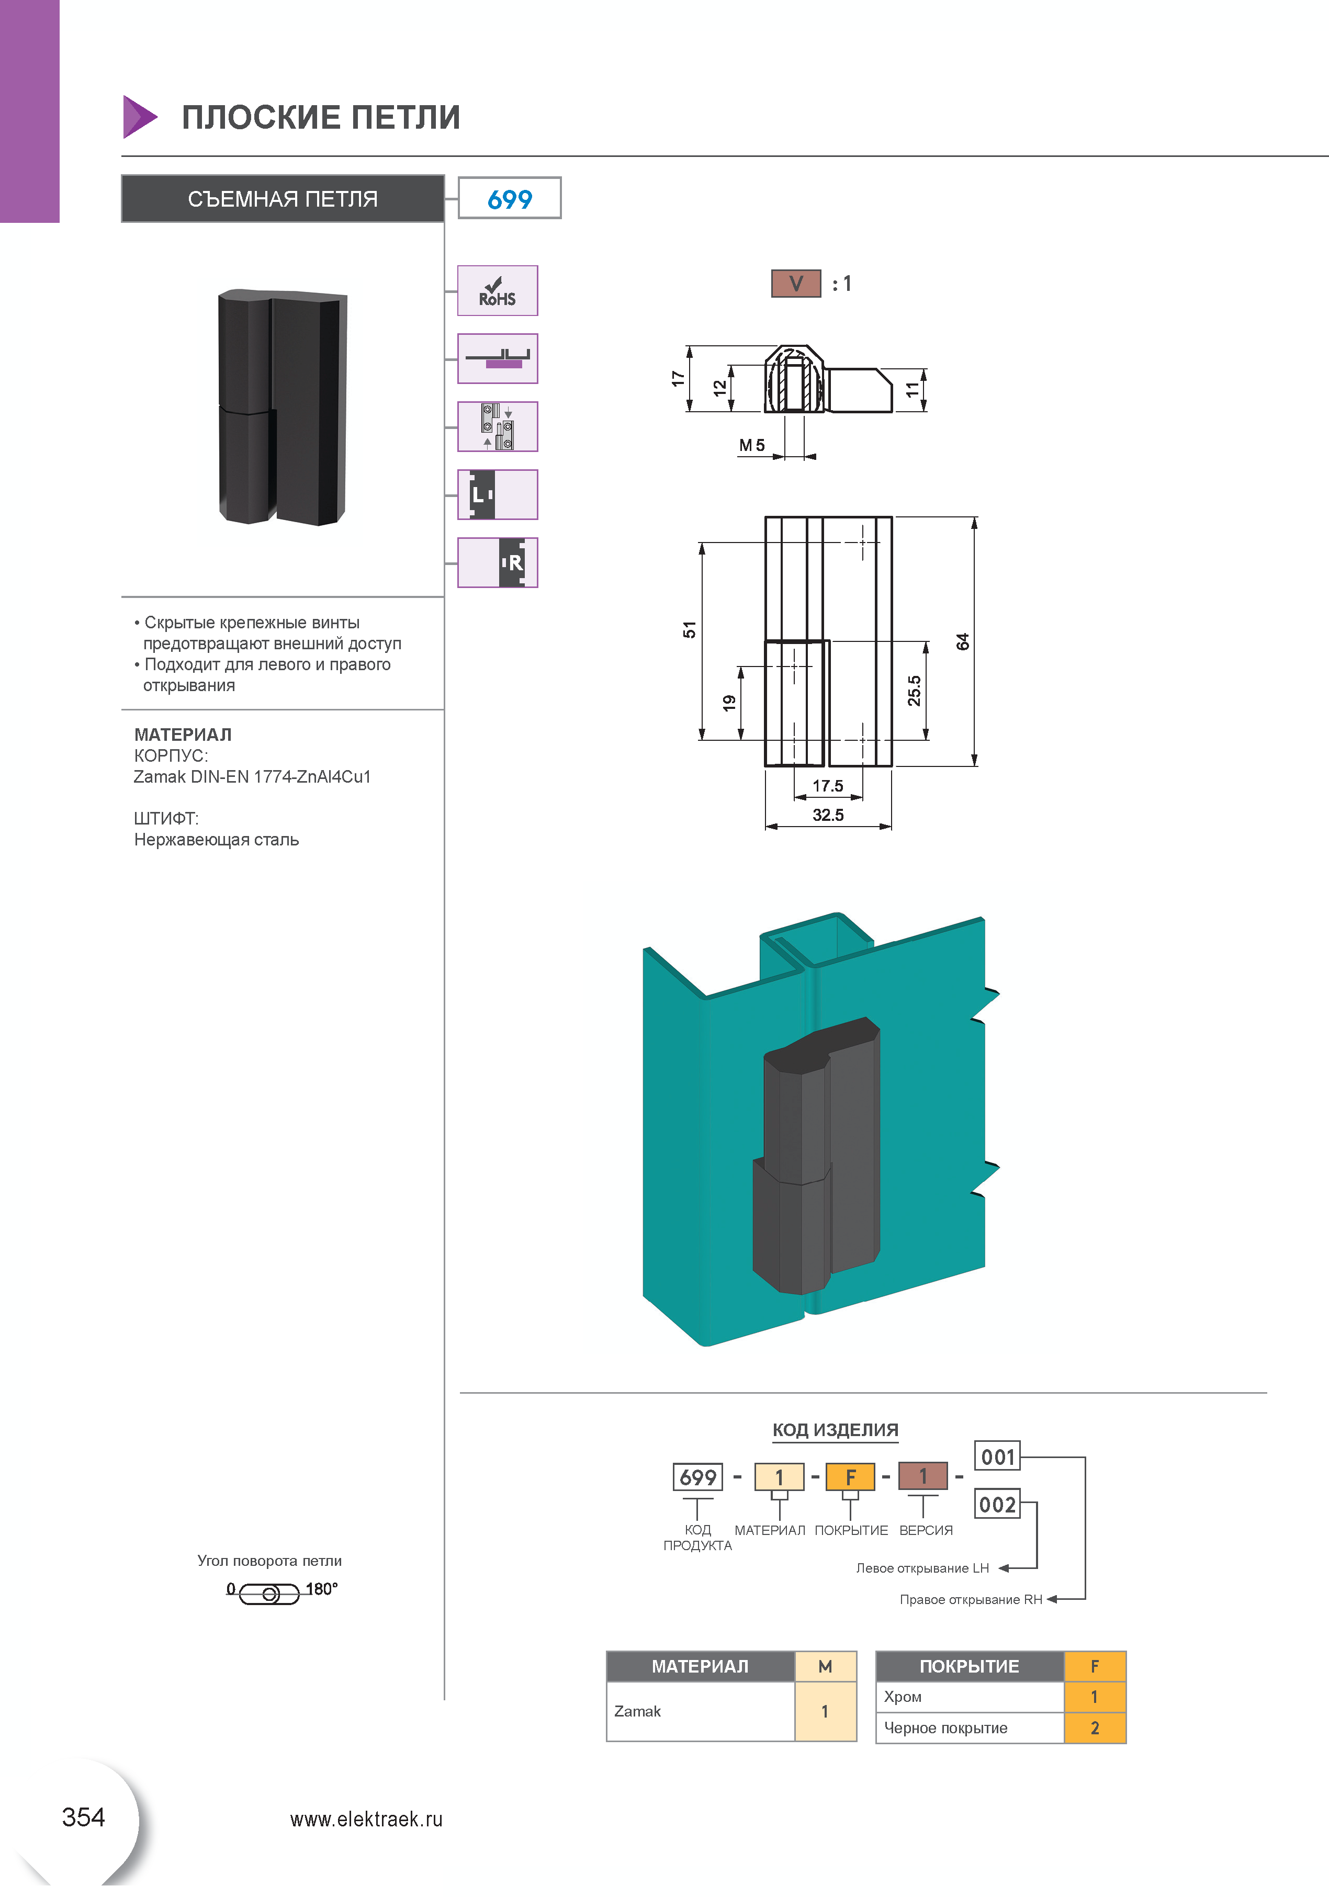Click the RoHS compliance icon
[498, 291]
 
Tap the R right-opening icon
[498, 562]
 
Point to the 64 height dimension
[963, 641]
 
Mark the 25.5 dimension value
[914, 691]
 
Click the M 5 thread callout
[751, 445]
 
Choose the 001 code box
[998, 1456]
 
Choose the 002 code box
[998, 1505]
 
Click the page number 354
[84, 1817]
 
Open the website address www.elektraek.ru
[366, 1820]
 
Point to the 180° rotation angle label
[321, 1589]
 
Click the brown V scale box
[795, 284]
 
